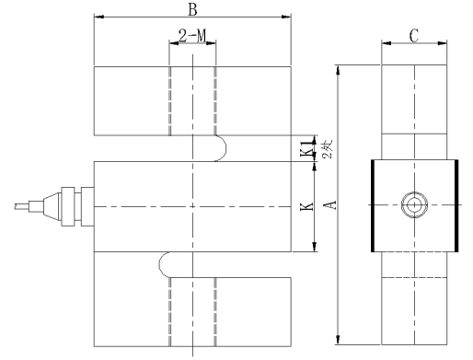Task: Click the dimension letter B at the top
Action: tap(191, 9)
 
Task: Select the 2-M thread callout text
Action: tap(191, 38)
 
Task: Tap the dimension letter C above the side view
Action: tap(414, 36)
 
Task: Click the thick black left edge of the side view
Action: tap(372, 204)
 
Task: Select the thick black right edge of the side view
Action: tap(456, 204)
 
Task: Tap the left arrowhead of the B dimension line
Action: tap(98, 17)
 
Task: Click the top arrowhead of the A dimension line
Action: tap(340, 69)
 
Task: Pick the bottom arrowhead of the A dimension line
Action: tap(340, 341)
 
